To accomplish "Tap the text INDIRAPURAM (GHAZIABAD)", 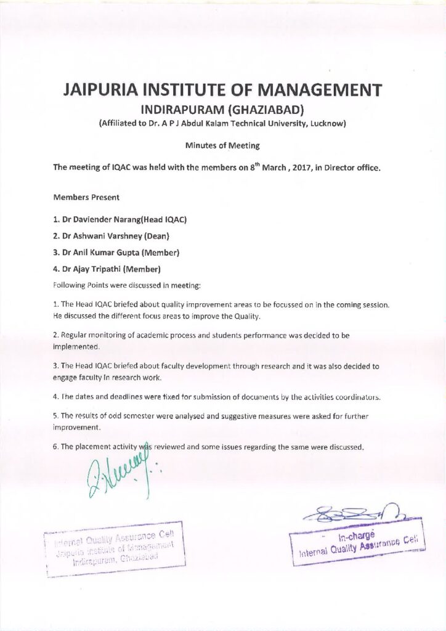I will [x=223, y=110].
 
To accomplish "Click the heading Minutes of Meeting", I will [x=222, y=145].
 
